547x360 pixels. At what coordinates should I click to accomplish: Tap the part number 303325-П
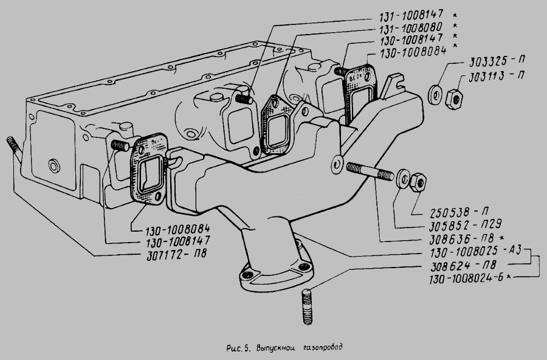pyautogui.click(x=494, y=62)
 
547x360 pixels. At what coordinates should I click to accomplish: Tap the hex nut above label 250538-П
pyautogui.click(x=418, y=181)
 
